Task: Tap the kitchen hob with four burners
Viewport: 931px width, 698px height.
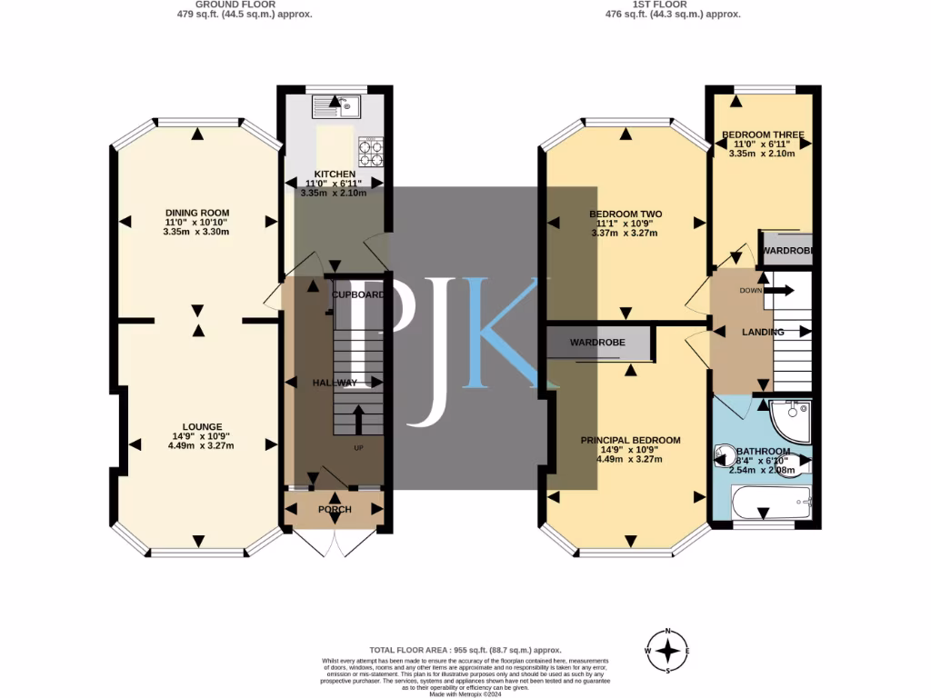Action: point(371,152)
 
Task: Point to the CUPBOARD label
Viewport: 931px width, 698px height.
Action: point(358,295)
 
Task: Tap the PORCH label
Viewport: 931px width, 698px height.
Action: point(335,509)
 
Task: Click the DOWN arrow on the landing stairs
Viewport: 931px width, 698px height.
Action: point(779,291)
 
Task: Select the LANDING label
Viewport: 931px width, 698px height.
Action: point(763,333)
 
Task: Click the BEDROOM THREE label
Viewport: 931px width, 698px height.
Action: point(764,135)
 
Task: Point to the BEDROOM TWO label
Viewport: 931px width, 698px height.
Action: point(626,214)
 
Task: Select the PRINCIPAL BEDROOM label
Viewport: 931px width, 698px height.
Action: point(630,440)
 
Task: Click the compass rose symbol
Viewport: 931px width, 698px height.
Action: point(669,651)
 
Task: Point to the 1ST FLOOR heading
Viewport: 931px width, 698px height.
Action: point(673,4)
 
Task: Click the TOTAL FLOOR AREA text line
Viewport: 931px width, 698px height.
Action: point(465,650)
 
